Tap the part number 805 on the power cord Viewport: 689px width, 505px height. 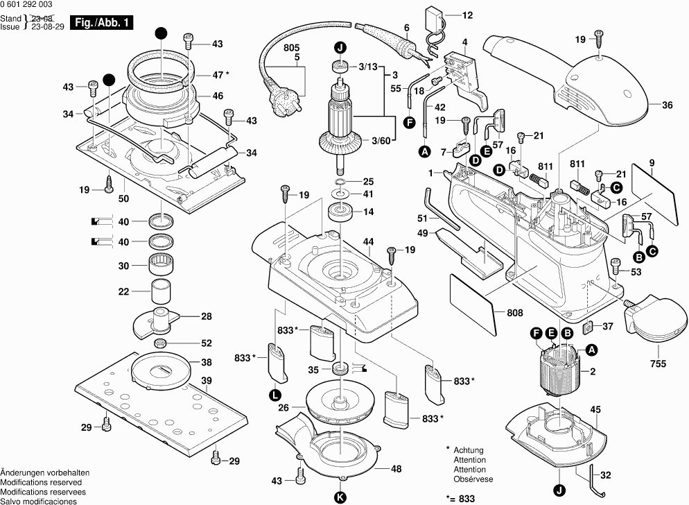coord(292,47)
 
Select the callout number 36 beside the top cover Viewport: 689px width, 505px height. coord(667,105)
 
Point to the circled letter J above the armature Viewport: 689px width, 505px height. coord(340,48)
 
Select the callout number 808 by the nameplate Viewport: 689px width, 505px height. coord(514,313)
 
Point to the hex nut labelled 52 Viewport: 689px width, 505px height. coord(159,343)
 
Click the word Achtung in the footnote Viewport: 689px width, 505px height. coord(469,450)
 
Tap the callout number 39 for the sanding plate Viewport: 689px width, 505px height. coord(206,380)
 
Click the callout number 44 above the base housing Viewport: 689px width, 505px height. coord(369,241)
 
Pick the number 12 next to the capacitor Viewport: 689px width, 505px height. coord(466,15)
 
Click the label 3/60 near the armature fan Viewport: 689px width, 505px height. coord(381,141)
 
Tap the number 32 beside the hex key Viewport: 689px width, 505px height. coord(605,475)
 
